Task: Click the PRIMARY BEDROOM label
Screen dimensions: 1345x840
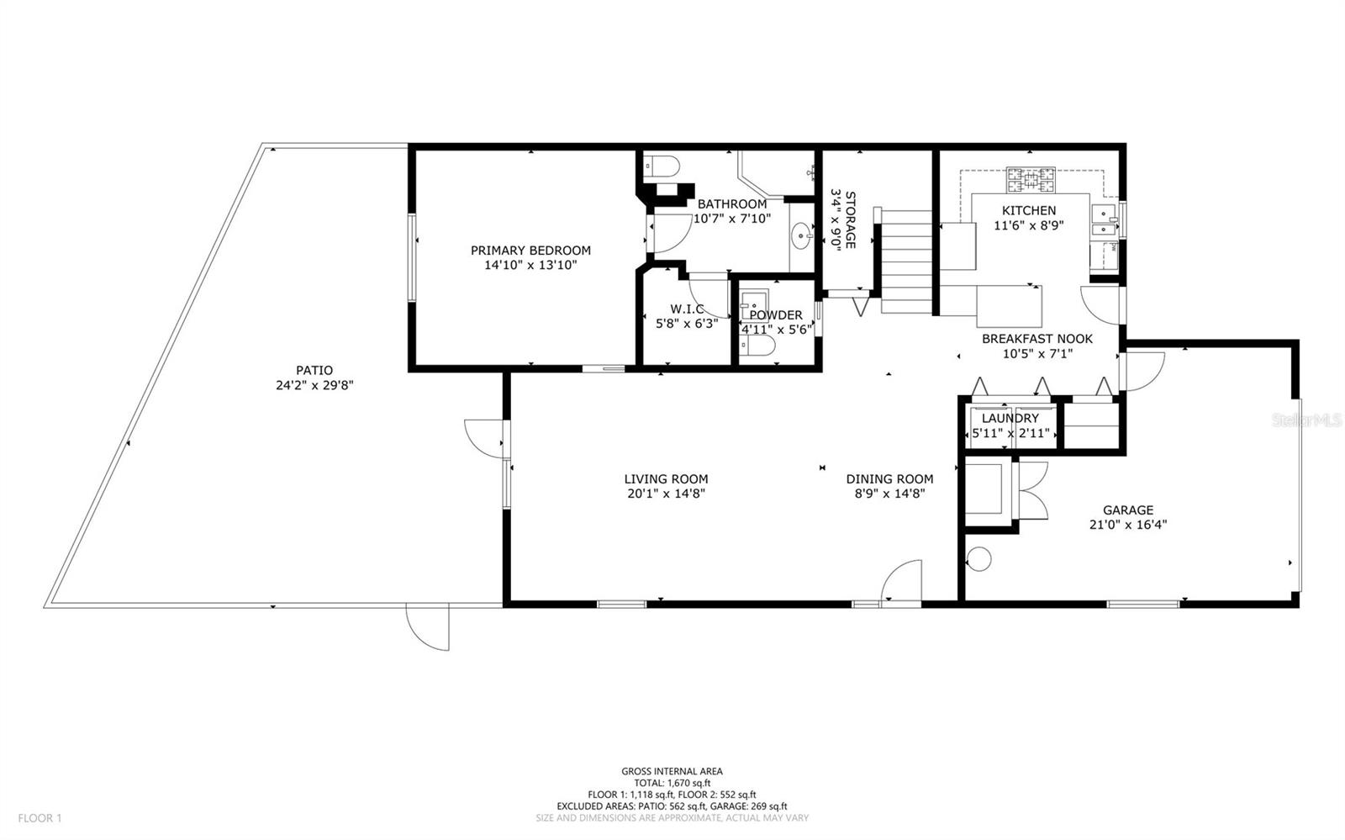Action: [x=530, y=251]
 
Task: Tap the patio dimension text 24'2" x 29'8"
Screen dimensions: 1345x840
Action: [x=314, y=385]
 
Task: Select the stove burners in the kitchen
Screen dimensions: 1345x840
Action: [x=1031, y=180]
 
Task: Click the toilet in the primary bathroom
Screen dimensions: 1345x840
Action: [x=661, y=166]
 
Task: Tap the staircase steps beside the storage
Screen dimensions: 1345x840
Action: [x=905, y=262]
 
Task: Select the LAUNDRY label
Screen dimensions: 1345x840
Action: [x=1010, y=419]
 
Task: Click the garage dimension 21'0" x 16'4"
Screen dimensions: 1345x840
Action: [x=1128, y=525]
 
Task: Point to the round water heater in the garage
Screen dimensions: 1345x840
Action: [x=979, y=559]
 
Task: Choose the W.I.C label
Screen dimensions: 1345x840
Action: [x=687, y=309]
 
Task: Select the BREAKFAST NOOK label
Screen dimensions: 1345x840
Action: [x=1037, y=339]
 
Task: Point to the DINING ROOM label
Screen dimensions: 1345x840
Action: [x=889, y=479]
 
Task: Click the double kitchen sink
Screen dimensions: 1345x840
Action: [x=1104, y=221]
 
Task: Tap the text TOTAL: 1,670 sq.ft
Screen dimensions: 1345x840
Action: [x=672, y=783]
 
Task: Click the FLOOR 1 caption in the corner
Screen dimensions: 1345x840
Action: [x=40, y=818]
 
